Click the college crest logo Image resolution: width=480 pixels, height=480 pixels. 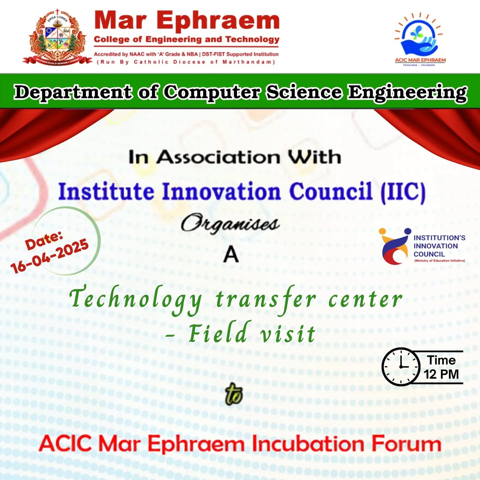pos(57,37)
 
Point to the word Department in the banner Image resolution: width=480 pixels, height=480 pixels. pos(73,92)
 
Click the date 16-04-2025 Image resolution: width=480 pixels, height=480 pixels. pos(50,256)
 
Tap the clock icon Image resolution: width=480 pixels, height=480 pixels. pos(401,367)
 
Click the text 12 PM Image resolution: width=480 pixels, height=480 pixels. pos(441,374)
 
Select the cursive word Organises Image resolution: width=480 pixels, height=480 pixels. pos(230,223)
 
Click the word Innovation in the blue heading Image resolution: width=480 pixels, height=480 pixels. pos(221,191)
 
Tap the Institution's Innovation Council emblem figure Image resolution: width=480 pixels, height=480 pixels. pos(394,246)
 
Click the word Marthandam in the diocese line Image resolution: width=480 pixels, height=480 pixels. pos(249,62)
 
